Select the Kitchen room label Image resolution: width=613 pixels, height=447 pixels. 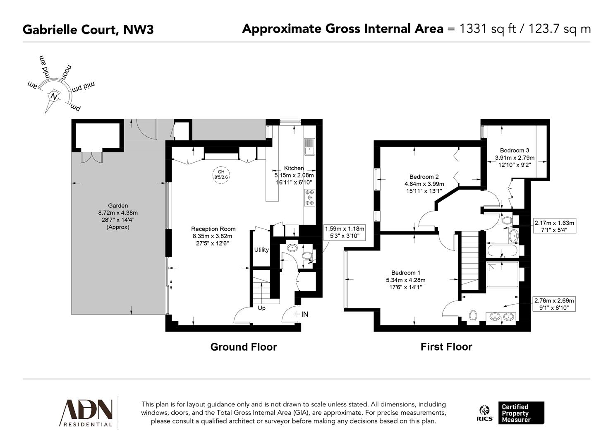click(294, 168)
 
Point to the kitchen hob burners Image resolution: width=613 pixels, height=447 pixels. click(309, 197)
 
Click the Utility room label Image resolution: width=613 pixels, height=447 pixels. click(261, 250)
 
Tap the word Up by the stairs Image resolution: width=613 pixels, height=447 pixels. click(262, 308)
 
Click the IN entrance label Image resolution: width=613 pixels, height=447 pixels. click(304, 315)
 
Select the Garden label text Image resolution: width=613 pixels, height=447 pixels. click(118, 206)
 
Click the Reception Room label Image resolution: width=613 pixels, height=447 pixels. click(213, 229)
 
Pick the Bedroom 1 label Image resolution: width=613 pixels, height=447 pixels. click(406, 273)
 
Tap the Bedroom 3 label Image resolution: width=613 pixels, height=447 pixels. click(515, 151)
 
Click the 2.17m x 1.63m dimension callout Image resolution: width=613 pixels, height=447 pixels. click(554, 226)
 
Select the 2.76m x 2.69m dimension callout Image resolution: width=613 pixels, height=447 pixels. click(554, 304)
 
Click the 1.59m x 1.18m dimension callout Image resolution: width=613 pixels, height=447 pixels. click(344, 232)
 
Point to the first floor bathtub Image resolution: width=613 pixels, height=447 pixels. click(502, 250)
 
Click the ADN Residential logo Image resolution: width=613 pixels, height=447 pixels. click(87, 413)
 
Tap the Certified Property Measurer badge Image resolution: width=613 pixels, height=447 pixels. click(521, 413)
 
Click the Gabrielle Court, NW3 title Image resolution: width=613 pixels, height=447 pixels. click(88, 29)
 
